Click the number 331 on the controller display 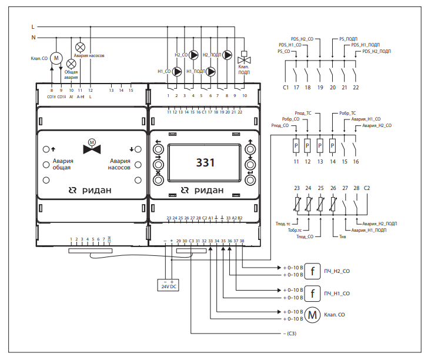(205, 163)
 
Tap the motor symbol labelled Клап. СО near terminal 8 (56, 58)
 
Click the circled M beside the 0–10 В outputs (313, 315)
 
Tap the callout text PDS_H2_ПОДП (376, 52)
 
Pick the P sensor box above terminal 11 (296, 144)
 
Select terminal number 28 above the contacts (356, 188)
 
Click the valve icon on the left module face (91, 147)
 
